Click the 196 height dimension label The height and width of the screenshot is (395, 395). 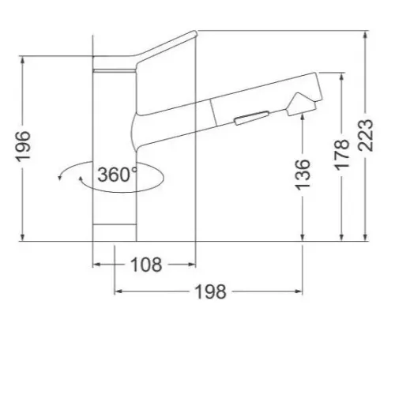point(23,146)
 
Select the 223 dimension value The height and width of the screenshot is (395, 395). point(366,135)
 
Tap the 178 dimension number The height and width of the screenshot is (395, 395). point(342,155)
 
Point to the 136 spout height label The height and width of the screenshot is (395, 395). point(303,174)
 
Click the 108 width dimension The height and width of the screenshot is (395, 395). point(146,265)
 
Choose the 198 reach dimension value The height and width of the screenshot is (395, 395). point(211,292)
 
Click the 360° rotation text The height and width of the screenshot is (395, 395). point(118,175)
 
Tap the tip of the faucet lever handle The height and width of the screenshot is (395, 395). point(195,33)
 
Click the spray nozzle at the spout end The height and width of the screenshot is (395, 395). point(301,104)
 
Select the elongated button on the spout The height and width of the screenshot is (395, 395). point(251,118)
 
